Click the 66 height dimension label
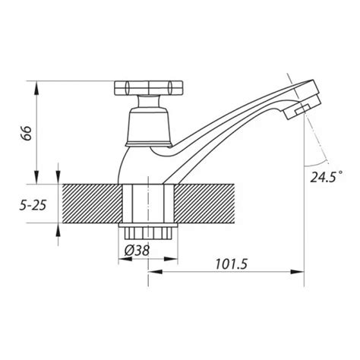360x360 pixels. pyautogui.click(x=26, y=133)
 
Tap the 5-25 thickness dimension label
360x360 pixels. pyautogui.click(x=33, y=205)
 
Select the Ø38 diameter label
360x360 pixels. pyautogui.click(x=137, y=251)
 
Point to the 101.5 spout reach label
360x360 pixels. pyautogui.click(x=231, y=264)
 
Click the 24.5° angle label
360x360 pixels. pyautogui.click(x=327, y=176)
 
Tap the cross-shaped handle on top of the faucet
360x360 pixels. pyautogui.click(x=148, y=88)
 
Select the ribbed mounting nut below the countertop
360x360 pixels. pyautogui.click(x=148, y=231)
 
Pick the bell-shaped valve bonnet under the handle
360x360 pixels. pyautogui.click(x=148, y=127)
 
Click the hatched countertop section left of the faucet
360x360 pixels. pyautogui.click(x=93, y=204)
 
